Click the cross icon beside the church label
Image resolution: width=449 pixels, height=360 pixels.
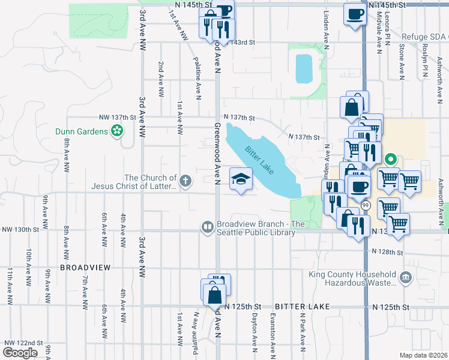(186, 179)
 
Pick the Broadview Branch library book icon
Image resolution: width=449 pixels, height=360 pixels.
(207, 226)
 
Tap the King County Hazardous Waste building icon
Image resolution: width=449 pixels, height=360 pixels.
(405, 277)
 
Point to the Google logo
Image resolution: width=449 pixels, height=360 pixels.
(20, 352)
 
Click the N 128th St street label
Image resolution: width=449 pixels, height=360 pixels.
(388, 251)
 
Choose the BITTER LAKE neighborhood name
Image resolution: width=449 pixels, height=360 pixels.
(303, 307)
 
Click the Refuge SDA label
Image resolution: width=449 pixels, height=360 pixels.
(424, 37)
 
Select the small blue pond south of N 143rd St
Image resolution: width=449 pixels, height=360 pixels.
(303, 68)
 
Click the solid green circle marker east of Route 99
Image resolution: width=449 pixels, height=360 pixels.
(390, 160)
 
